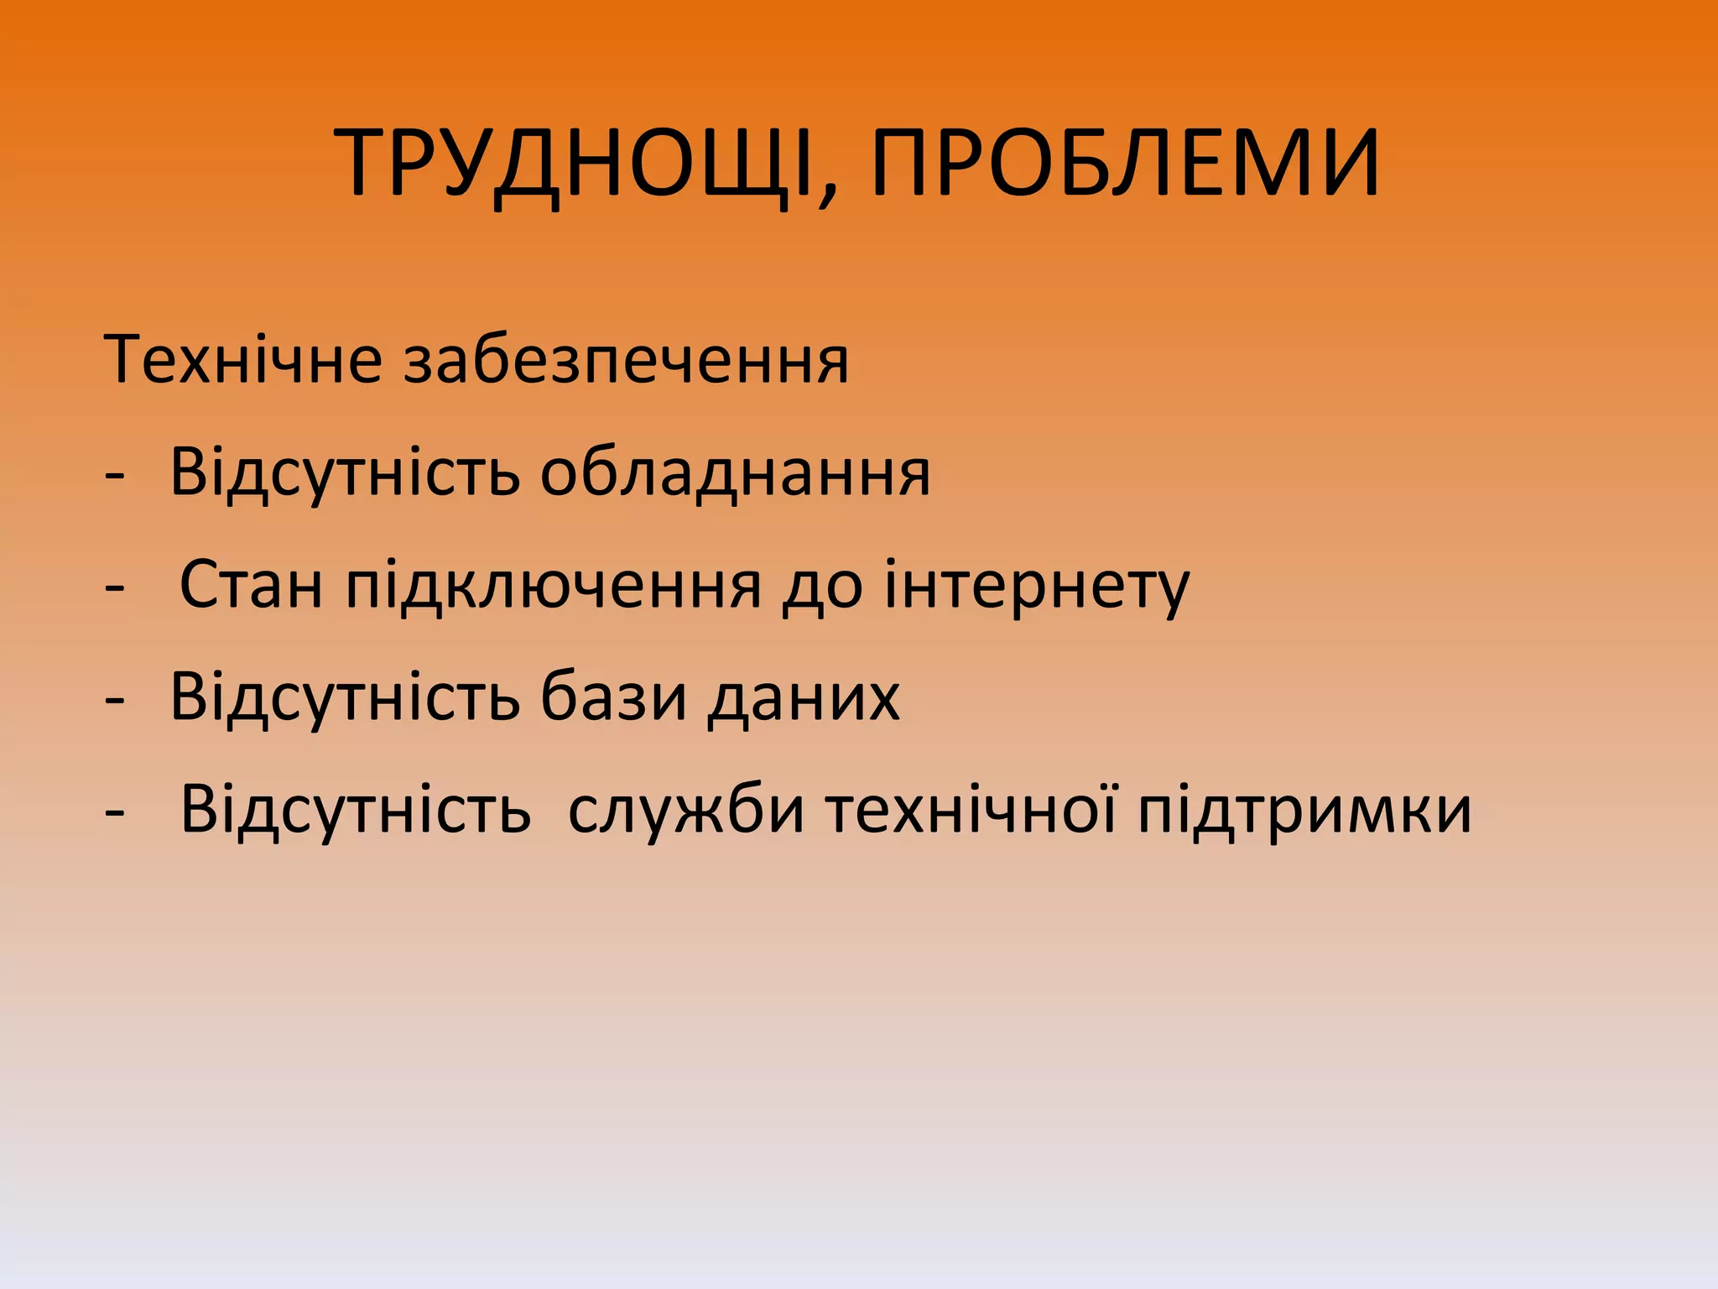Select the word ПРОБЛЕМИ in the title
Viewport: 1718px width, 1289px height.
click(x=1125, y=164)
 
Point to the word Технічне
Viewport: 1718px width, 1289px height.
click(x=243, y=360)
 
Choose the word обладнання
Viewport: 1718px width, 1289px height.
click(x=735, y=472)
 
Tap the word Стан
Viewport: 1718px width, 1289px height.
click(x=251, y=585)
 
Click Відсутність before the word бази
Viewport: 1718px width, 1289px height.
click(x=345, y=697)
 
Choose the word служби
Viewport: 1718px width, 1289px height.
click(x=686, y=811)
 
